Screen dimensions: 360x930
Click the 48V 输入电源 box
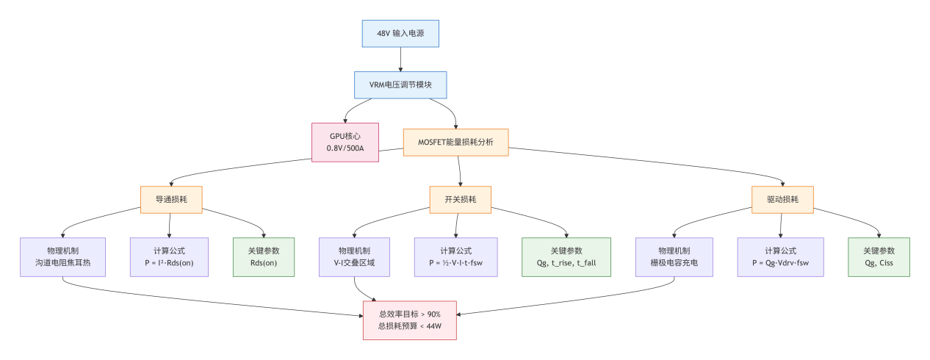[x=400, y=34]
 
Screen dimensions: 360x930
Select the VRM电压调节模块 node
[x=400, y=84]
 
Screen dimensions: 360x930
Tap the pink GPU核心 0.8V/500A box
[x=345, y=142]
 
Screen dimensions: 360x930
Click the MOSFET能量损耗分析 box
[x=455, y=142]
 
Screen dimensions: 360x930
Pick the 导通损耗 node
[x=171, y=199]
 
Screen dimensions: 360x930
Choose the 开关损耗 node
[x=460, y=199]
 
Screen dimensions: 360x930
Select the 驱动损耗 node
[x=783, y=199]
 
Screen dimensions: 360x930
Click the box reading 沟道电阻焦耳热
[x=63, y=256]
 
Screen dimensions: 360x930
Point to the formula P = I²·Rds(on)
[x=169, y=256]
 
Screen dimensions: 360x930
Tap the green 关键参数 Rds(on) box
[x=263, y=256]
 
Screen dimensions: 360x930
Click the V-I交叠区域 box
[x=355, y=256]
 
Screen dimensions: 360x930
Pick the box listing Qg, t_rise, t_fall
[x=566, y=256]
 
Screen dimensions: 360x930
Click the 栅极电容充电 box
[x=674, y=256]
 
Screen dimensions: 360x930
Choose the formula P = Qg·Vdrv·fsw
[x=780, y=256]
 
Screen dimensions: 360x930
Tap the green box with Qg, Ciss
[x=879, y=256]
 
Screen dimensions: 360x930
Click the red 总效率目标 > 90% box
[x=409, y=314]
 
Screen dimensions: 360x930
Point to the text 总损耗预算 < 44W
[x=409, y=325]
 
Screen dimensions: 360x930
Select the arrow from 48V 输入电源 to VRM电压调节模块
[x=400, y=59]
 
